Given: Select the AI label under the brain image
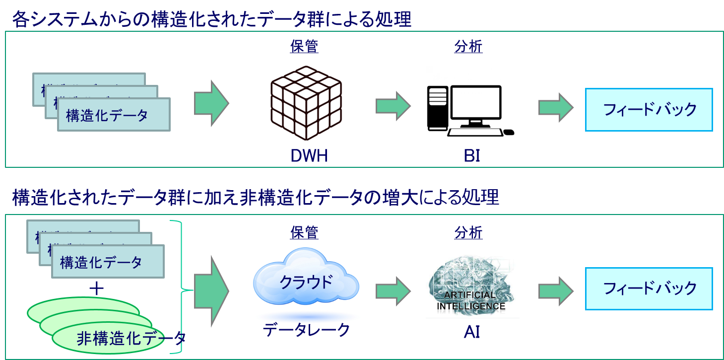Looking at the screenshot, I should (471, 332).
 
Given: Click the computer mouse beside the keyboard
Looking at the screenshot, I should (509, 132).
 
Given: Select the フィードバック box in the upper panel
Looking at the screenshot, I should (649, 110).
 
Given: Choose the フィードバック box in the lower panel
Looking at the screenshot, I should (649, 288).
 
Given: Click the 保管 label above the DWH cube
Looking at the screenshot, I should (304, 47).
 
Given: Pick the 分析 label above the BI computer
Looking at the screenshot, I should (468, 47).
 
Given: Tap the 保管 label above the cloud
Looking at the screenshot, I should (304, 232).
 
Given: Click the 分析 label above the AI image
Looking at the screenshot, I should (468, 232).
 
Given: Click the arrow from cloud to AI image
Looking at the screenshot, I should (393, 291).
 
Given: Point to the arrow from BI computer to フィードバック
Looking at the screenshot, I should (556, 107).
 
